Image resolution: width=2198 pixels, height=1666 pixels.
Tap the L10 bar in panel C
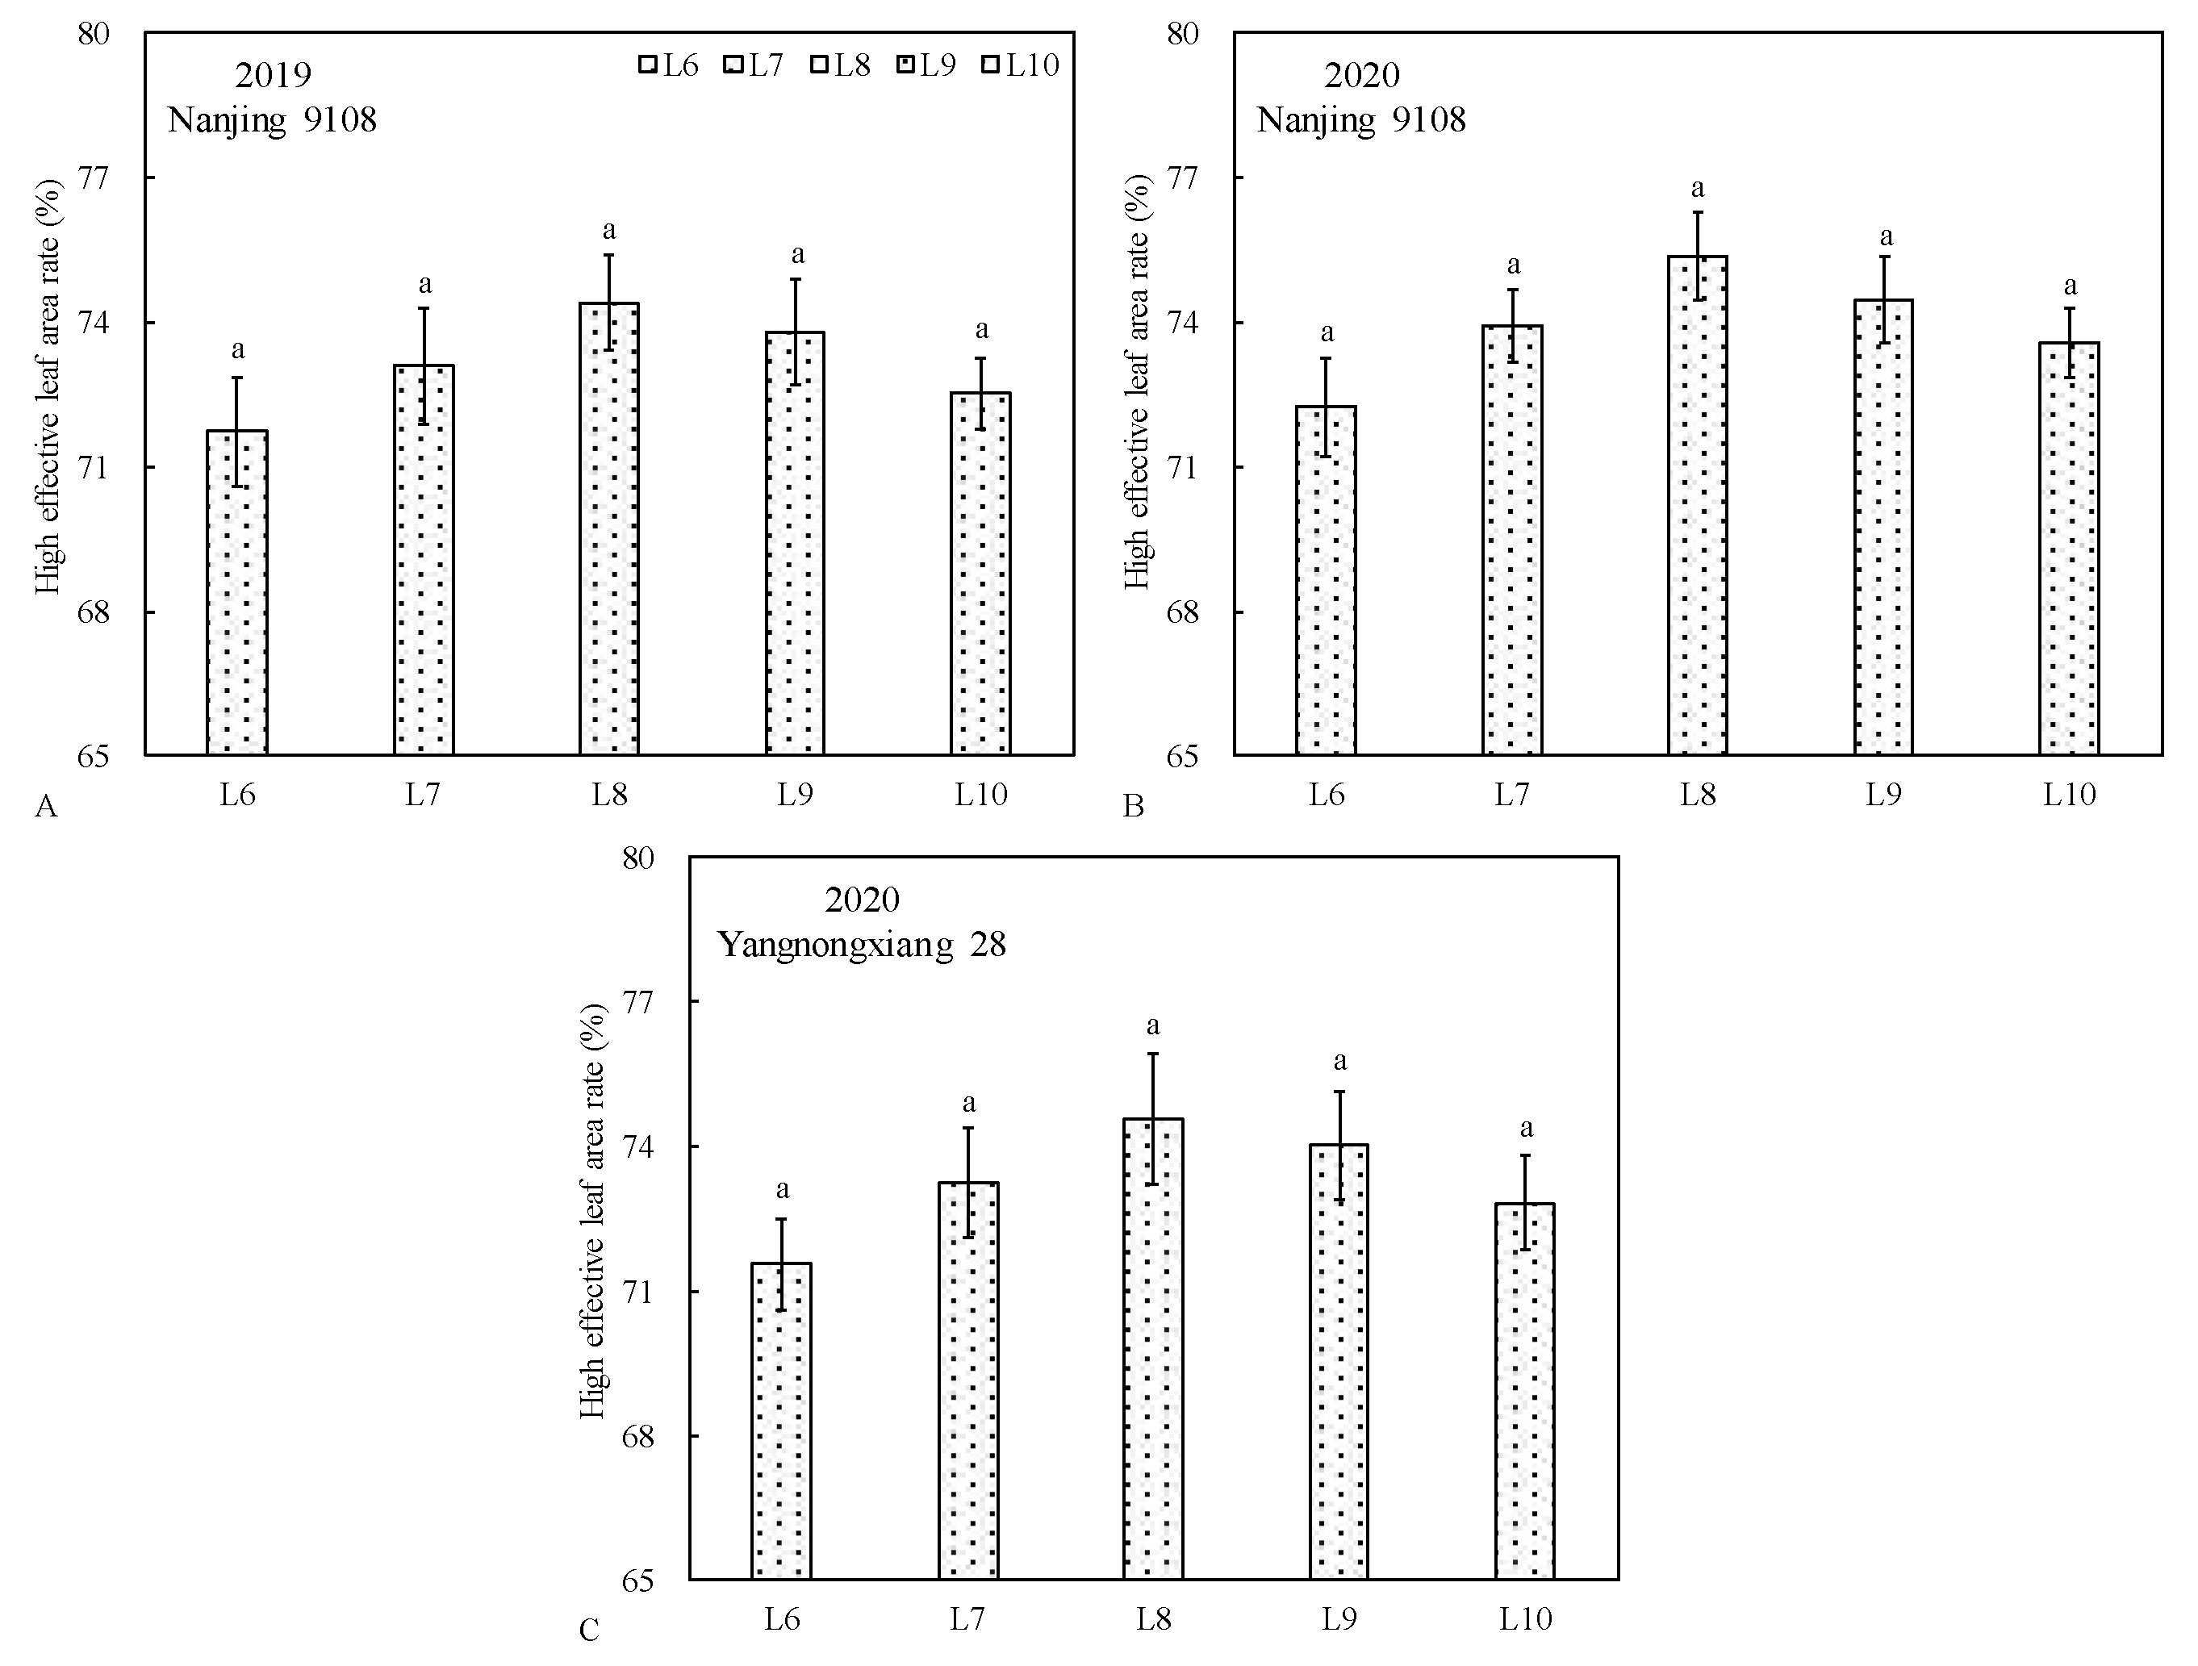coord(1524,1391)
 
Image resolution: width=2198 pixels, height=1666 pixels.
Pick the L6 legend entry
coord(669,65)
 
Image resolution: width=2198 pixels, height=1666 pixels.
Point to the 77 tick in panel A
coord(94,177)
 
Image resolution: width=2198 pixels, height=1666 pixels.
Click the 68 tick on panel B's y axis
coord(1182,612)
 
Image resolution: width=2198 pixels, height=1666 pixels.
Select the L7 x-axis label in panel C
coord(967,1619)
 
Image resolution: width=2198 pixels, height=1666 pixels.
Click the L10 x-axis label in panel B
coord(2069,795)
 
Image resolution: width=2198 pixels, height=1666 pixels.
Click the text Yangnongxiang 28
coord(862,945)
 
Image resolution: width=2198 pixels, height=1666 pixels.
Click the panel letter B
coord(1133,806)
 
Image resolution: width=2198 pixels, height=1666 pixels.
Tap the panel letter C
coord(589,1631)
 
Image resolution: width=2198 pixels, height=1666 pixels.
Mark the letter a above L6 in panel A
coord(237,349)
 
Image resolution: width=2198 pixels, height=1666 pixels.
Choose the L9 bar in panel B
coord(1883,527)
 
